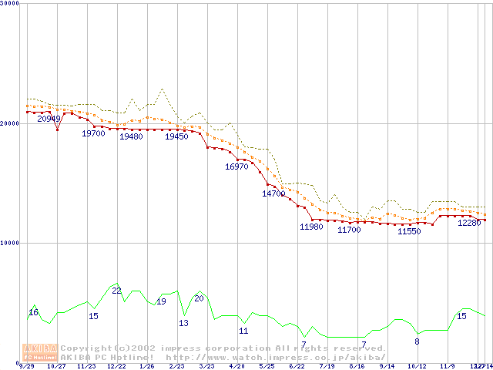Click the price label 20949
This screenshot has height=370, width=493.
pos(49,119)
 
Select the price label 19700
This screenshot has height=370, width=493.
pos(93,133)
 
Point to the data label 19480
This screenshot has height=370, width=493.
pos(131,136)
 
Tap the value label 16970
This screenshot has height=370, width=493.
pos(236,166)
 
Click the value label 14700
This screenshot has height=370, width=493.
pos(273,193)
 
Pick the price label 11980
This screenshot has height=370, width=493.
pos(311,227)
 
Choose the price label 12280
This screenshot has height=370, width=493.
pos(469,223)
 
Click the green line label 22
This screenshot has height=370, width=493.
pos(116,291)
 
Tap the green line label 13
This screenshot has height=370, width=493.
pos(183,323)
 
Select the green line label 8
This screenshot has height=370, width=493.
pos(417,341)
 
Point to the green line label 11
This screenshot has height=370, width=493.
pos(243,331)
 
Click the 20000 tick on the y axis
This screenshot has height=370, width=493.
pos(9,123)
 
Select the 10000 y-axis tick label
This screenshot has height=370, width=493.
pos(9,243)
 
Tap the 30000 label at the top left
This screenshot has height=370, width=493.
pos(9,4)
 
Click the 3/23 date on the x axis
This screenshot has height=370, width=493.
pos(206,366)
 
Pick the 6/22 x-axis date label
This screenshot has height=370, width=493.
pos(297,366)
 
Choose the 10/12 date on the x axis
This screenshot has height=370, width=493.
pos(418,366)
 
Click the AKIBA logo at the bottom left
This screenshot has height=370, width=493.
pos(40,351)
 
